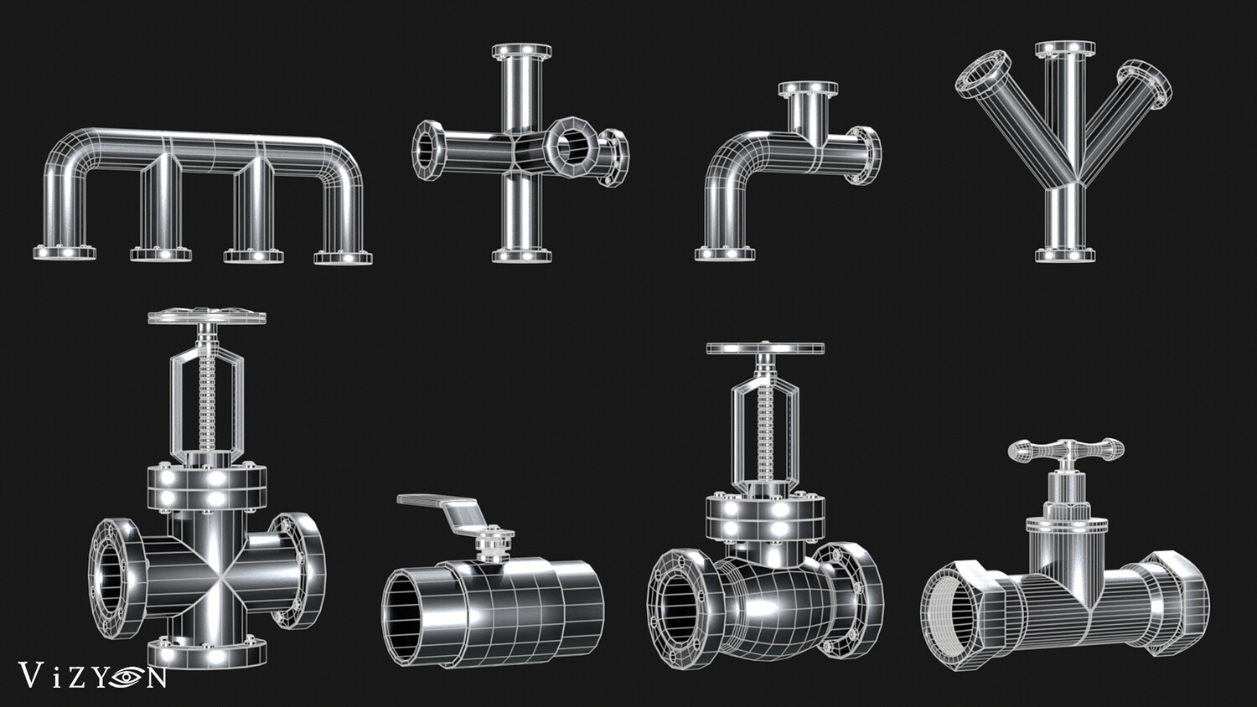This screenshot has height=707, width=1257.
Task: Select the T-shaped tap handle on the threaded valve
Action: click(x=1066, y=451)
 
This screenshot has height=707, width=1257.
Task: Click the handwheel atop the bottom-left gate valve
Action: click(x=207, y=316)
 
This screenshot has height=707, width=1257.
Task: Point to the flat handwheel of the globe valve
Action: click(x=765, y=348)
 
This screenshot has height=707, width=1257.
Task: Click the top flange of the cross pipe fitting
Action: click(x=522, y=51)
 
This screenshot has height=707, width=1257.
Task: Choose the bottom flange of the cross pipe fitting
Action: click(x=522, y=255)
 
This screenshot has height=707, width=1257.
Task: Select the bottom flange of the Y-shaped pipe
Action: click(x=1065, y=255)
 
